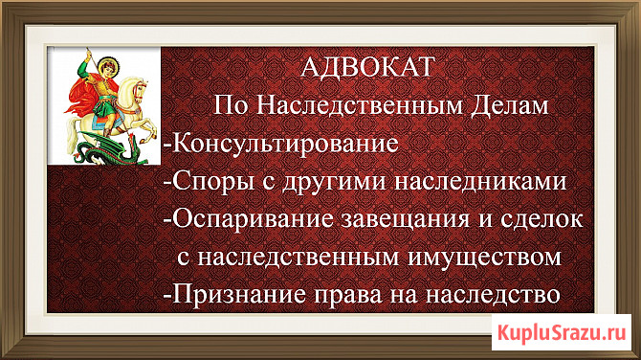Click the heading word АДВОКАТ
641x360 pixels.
[x=366, y=67]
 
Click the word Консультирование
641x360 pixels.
[x=284, y=144]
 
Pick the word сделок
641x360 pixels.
[x=542, y=220]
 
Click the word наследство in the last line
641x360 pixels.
[x=492, y=295]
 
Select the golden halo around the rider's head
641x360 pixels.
[x=106, y=65]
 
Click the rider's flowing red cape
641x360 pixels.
[x=83, y=96]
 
